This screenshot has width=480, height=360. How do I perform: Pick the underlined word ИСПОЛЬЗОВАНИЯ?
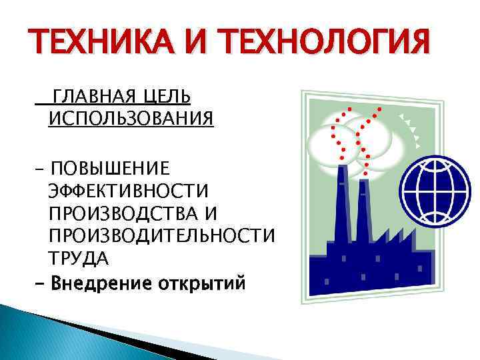[131, 119]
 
